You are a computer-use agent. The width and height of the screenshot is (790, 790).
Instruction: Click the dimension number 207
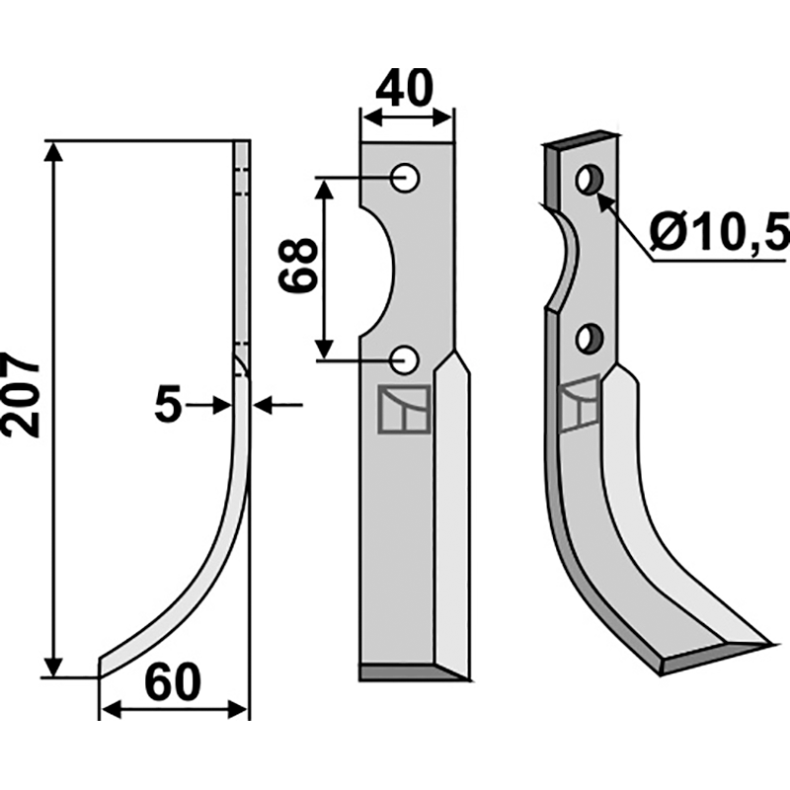[20, 394]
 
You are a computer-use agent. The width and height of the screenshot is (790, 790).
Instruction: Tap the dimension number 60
[172, 683]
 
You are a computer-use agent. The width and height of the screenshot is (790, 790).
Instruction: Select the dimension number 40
[404, 88]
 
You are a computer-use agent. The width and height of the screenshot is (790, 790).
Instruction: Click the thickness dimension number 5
[167, 405]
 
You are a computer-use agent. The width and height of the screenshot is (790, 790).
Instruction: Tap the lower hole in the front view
[405, 359]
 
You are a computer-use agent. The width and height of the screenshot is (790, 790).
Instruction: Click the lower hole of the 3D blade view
[589, 339]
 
